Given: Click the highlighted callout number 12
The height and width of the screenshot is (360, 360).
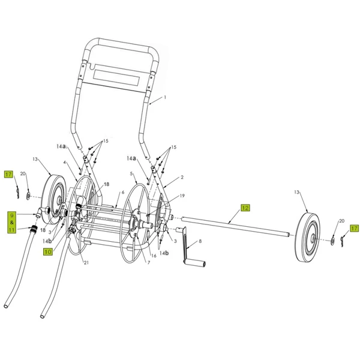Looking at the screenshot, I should [245, 208].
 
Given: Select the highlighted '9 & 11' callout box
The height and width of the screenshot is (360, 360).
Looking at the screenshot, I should [11, 221].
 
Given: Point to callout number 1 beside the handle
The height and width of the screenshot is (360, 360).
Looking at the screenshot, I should [164, 97].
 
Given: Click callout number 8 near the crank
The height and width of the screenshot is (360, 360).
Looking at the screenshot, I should [200, 241].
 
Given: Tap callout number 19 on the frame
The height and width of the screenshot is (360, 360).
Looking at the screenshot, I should [182, 196].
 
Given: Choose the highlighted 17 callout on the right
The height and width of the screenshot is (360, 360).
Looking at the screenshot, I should [355, 228].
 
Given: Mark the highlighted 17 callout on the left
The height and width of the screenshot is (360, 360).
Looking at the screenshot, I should [8, 175].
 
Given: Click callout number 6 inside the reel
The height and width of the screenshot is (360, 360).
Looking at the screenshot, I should [122, 192].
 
